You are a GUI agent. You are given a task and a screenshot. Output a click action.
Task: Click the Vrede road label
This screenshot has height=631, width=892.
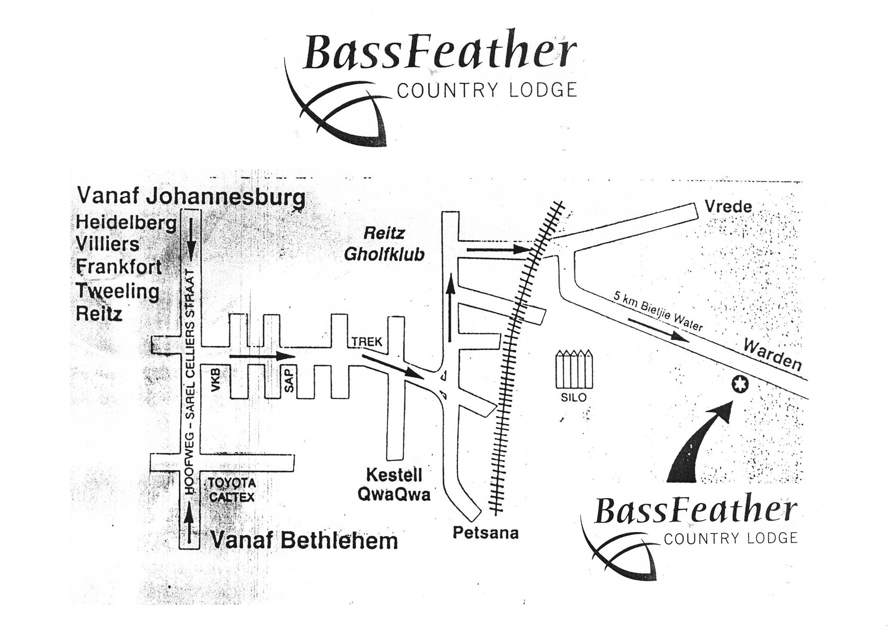point(728,207)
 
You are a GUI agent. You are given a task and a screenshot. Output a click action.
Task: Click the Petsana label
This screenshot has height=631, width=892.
point(486,533)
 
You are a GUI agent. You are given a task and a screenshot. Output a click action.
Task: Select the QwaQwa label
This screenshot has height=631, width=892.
point(394,495)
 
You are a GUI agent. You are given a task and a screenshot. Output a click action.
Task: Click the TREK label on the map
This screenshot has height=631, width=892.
point(367,342)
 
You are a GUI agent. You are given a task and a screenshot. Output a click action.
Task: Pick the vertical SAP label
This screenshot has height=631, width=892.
point(289,379)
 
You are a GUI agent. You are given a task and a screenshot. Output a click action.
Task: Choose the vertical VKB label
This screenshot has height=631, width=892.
point(216,379)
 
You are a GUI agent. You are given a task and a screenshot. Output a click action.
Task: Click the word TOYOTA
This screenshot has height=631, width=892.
point(232,483)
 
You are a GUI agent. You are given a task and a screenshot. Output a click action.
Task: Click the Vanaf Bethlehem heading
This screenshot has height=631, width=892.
point(304,541)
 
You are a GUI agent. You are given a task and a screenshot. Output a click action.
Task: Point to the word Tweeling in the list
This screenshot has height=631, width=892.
point(118,291)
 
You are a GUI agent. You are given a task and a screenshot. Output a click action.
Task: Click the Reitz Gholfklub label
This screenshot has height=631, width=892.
point(384,244)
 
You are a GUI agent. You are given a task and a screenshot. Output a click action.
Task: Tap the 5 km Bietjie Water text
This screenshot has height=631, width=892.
point(658,310)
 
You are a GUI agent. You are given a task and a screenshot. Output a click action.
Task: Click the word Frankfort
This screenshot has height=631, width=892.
point(119,267)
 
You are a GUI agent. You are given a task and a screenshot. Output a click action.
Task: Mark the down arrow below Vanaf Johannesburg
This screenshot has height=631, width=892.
point(191,238)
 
